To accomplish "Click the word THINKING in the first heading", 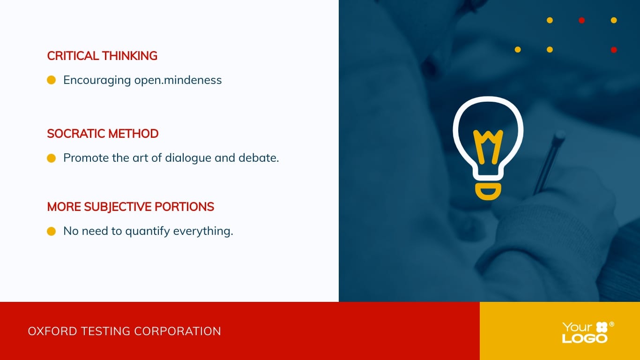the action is (130, 56).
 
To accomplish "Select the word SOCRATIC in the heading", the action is (76, 134).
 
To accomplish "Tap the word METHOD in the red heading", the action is (134, 134).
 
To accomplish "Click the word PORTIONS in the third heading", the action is (184, 207).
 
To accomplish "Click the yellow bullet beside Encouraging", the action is (51, 80).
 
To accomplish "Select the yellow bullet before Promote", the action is (51, 158).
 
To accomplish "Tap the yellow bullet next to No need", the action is (51, 231).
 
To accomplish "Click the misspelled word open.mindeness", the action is (178, 80).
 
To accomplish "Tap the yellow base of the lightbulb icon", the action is (488, 192).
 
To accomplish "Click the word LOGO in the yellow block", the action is (585, 338).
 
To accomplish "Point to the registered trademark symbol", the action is (612, 324).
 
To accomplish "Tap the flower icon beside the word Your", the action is (602, 327).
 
